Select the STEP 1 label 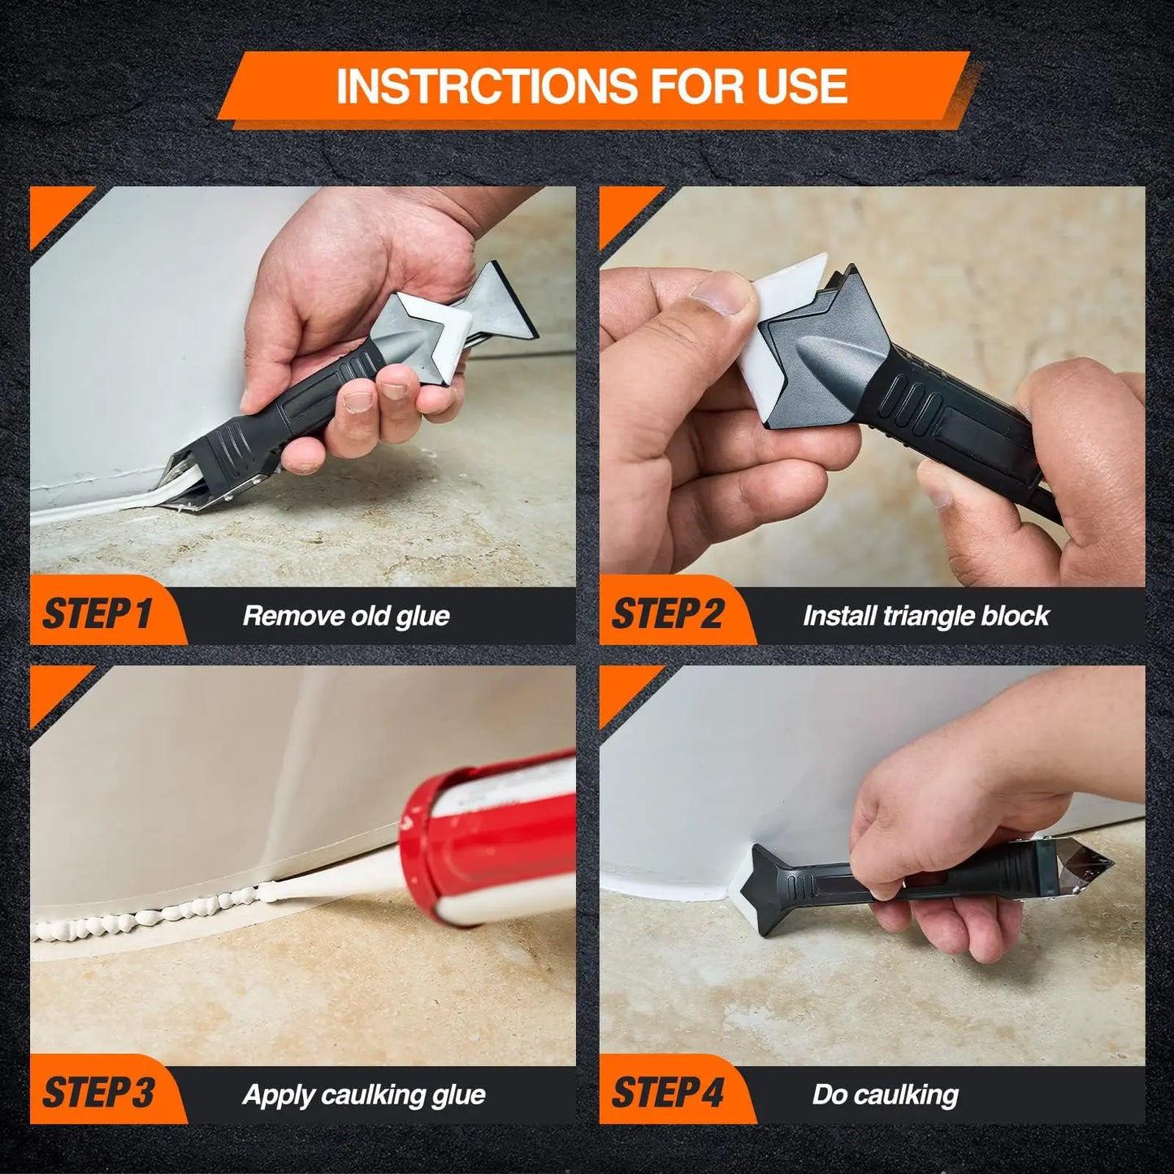point(97,614)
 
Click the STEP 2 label point(666,614)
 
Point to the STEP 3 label point(97,1094)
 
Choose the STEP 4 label point(666,1094)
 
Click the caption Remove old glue point(346,616)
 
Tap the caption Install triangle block point(925,616)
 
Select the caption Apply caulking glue point(363,1094)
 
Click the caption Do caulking point(885,1094)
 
